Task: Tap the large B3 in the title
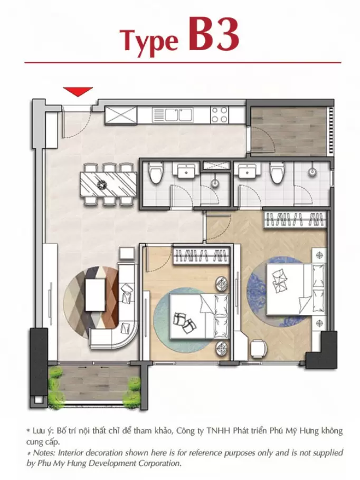pyautogui.click(x=214, y=35)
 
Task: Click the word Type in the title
pyautogui.click(x=150, y=41)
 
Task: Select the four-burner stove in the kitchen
pyautogui.click(x=220, y=115)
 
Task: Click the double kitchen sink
pyautogui.click(x=172, y=115)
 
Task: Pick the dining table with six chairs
pyautogui.click(x=108, y=184)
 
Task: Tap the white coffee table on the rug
pyautogui.click(x=96, y=294)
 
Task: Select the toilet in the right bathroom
pyautogui.click(x=277, y=173)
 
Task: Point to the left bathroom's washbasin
pyautogui.click(x=186, y=170)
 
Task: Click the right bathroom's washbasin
pyautogui.click(x=247, y=170)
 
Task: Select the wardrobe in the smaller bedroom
pyautogui.click(x=202, y=255)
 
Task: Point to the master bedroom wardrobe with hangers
pyautogui.click(x=295, y=220)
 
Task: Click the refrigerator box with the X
pyautogui.click(x=121, y=115)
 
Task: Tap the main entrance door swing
pyautogui.click(x=77, y=122)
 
